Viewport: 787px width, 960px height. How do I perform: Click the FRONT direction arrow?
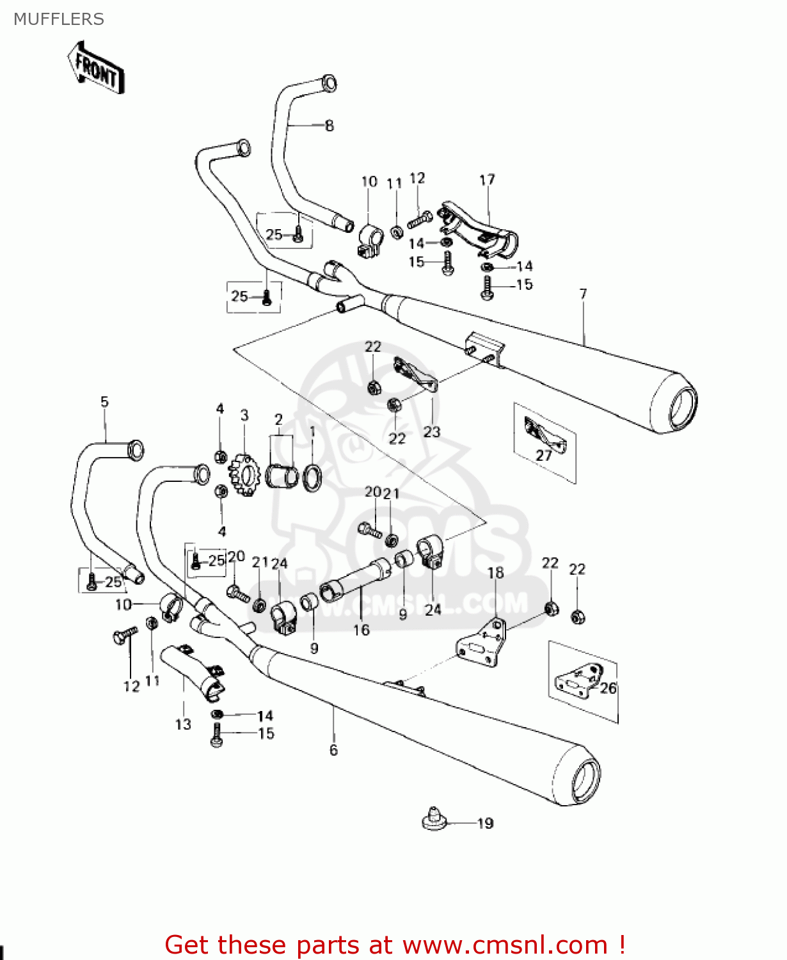(x=96, y=68)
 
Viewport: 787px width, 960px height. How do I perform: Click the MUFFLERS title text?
(x=59, y=19)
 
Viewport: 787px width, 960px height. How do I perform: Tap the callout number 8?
(x=329, y=126)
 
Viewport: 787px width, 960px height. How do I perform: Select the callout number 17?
(x=487, y=180)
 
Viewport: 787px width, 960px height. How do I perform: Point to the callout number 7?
(x=583, y=294)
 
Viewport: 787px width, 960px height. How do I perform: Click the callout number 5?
(x=104, y=402)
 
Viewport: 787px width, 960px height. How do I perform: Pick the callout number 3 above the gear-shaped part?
(x=244, y=415)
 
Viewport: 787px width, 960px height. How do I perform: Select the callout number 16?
(x=362, y=630)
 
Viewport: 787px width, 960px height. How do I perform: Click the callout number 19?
(x=486, y=824)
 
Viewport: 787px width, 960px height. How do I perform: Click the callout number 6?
(x=333, y=750)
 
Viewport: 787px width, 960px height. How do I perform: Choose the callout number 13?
(x=183, y=724)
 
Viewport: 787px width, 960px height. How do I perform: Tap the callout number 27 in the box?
(x=543, y=456)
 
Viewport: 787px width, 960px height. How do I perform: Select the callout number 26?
(x=608, y=688)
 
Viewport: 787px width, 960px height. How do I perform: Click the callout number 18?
(x=496, y=573)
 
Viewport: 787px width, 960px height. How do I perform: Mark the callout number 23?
(x=432, y=432)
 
